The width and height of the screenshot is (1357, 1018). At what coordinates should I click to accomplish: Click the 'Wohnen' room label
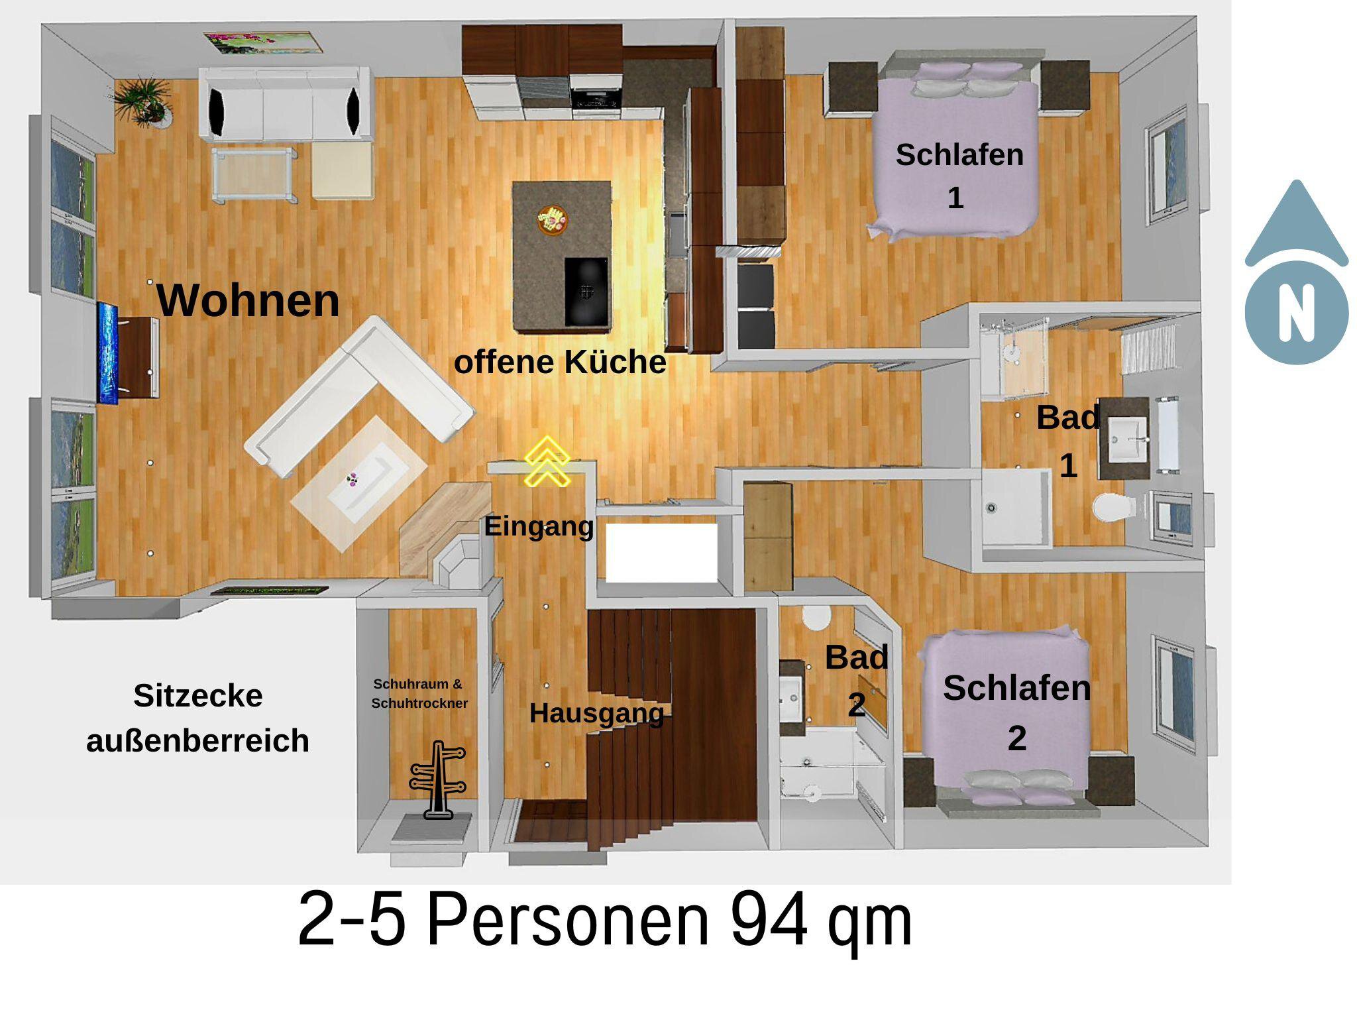click(x=248, y=301)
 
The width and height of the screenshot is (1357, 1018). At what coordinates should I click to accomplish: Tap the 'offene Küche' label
click(x=560, y=363)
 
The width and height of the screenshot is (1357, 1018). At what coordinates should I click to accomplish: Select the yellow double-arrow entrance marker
click(x=547, y=461)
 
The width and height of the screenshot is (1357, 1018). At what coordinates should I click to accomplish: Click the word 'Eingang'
click(x=539, y=527)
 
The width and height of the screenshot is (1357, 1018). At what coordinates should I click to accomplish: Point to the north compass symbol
click(x=1296, y=272)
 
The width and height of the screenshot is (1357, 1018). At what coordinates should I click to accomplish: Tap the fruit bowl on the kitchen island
click(x=553, y=219)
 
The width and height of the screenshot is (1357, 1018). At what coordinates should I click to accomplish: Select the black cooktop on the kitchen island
click(x=586, y=292)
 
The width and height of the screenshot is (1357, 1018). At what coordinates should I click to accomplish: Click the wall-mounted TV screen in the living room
click(x=108, y=353)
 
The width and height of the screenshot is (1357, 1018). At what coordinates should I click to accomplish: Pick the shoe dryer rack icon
click(x=438, y=780)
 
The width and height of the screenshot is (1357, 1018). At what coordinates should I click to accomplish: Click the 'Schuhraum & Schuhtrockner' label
click(x=419, y=693)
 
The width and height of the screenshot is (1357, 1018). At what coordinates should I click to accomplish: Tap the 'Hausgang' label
click(x=596, y=713)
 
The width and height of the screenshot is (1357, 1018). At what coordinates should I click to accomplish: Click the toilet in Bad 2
click(x=816, y=617)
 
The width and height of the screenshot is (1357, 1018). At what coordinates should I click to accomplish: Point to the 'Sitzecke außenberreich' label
click(x=197, y=718)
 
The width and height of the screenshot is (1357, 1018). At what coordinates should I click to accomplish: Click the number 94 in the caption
click(x=769, y=920)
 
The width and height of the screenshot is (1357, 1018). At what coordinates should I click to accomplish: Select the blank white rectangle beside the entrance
click(x=661, y=553)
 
